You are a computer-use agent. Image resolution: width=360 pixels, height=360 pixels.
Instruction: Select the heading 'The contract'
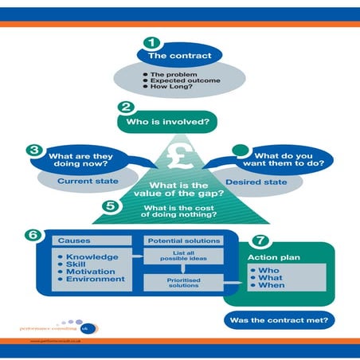point(180,57)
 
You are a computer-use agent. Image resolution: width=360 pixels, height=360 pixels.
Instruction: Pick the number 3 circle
point(33,149)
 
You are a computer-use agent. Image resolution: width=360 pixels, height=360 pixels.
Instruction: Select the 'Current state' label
point(83,181)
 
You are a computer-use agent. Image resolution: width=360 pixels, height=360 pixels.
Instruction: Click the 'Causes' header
point(73,240)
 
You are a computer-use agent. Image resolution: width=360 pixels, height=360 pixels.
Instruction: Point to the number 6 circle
point(33,237)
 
